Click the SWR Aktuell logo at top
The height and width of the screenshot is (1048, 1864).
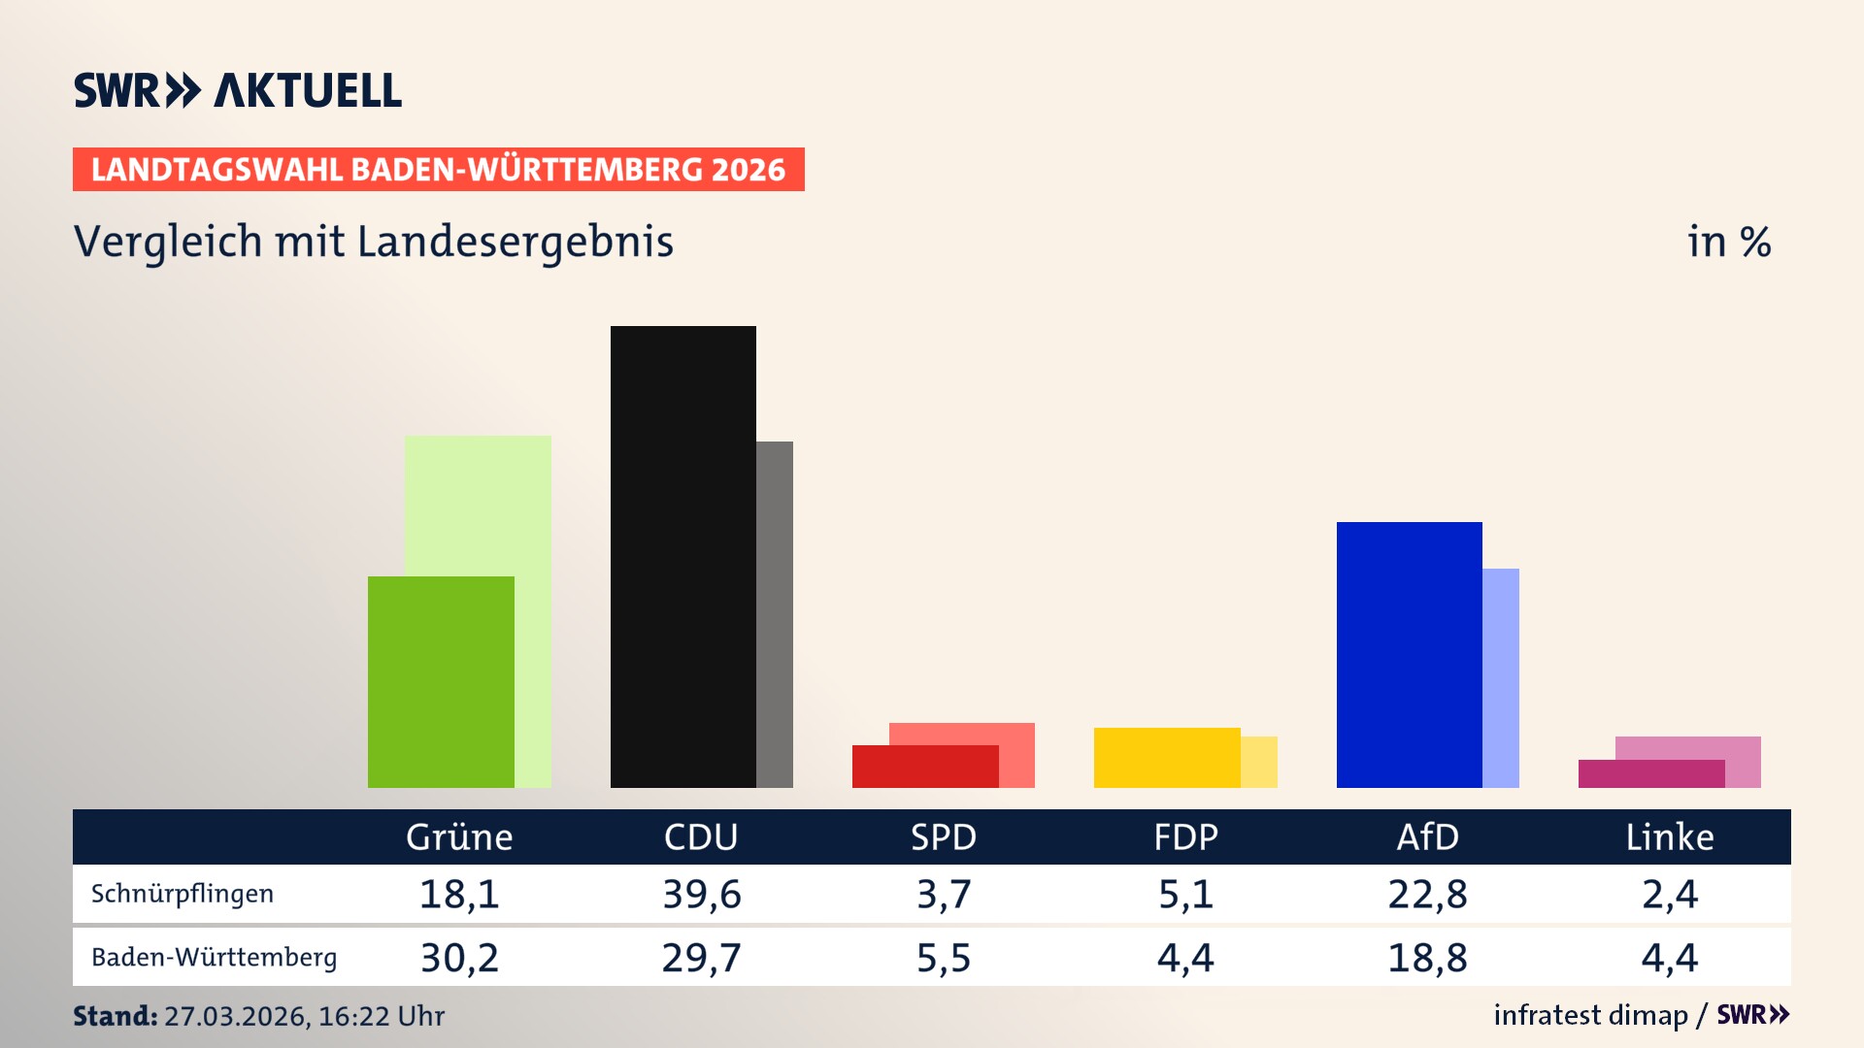click(238, 90)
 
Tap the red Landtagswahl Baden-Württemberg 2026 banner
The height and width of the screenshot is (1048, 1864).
click(438, 170)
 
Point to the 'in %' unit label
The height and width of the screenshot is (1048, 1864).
click(1728, 242)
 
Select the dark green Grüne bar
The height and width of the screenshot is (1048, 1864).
click(441, 681)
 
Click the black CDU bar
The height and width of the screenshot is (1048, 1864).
click(682, 556)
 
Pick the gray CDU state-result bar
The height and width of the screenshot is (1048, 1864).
click(775, 614)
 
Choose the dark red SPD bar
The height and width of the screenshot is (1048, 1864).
click(924, 767)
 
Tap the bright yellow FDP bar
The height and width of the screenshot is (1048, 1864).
click(1167, 757)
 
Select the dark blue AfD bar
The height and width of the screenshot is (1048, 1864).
click(1409, 654)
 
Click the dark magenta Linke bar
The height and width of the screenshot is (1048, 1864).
click(1650, 773)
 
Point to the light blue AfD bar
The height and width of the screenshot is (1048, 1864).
click(1501, 677)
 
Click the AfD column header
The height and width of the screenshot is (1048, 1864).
click(1427, 836)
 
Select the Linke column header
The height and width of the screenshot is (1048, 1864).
click(1670, 836)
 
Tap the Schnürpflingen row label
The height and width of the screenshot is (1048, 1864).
click(183, 894)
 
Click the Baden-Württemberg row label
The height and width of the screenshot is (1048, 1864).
click(214, 958)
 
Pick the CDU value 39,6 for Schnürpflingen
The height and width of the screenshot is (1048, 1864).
click(701, 894)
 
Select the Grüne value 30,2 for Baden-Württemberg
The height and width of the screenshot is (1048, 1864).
click(459, 958)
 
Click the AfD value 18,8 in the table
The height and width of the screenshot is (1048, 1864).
click(1427, 958)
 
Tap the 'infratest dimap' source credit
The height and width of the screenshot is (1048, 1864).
click(1590, 1015)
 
